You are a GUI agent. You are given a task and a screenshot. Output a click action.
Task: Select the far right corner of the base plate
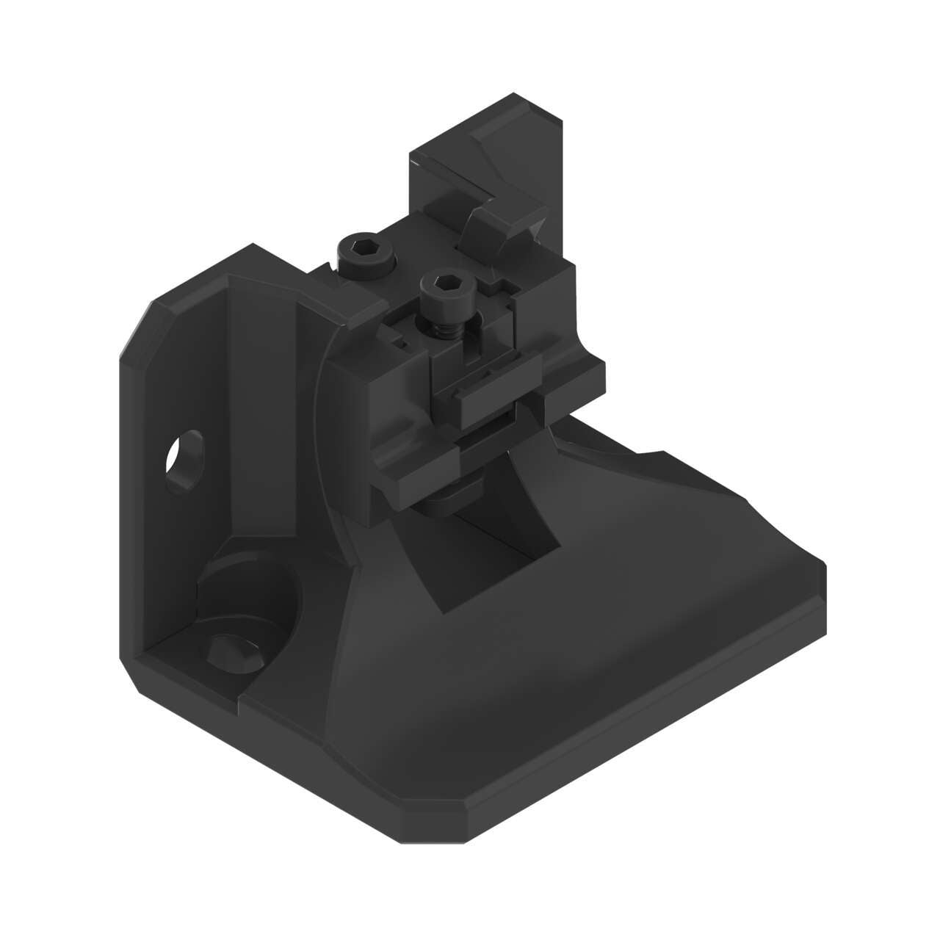[x=822, y=569]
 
